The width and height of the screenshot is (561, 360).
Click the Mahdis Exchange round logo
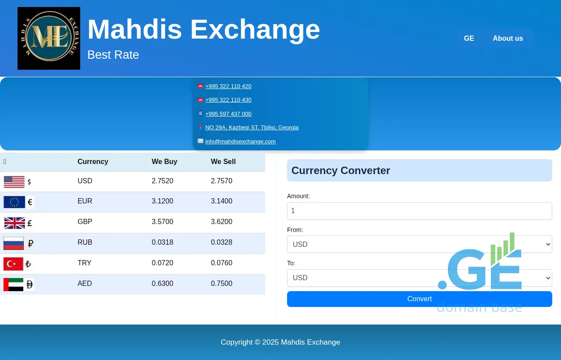tap(49, 38)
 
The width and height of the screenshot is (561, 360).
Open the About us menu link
tap(508, 38)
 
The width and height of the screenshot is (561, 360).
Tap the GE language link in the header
tap(469, 38)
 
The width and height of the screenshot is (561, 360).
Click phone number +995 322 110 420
tap(228, 86)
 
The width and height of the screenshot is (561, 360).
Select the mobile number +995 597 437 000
tap(228, 114)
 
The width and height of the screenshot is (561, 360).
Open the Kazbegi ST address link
tap(252, 128)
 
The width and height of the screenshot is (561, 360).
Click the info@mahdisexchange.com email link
tap(240, 142)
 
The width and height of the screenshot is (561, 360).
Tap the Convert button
tap(419, 299)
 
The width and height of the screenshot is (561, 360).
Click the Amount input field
tap(419, 211)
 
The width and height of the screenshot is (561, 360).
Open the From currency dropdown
tap(419, 244)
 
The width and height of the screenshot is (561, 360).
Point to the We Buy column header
tap(164, 162)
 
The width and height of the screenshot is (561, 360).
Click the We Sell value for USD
tap(221, 181)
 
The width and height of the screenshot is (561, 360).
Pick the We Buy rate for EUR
tap(162, 201)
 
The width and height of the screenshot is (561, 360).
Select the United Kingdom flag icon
tap(14, 223)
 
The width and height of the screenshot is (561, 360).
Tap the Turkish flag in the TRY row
tap(13, 264)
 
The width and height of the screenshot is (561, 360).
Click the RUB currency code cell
tap(85, 242)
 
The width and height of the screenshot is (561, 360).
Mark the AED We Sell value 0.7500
tap(221, 283)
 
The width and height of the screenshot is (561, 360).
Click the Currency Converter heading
tap(341, 171)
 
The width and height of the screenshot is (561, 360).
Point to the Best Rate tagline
tap(113, 55)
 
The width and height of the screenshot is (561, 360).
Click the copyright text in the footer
tap(280, 342)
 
